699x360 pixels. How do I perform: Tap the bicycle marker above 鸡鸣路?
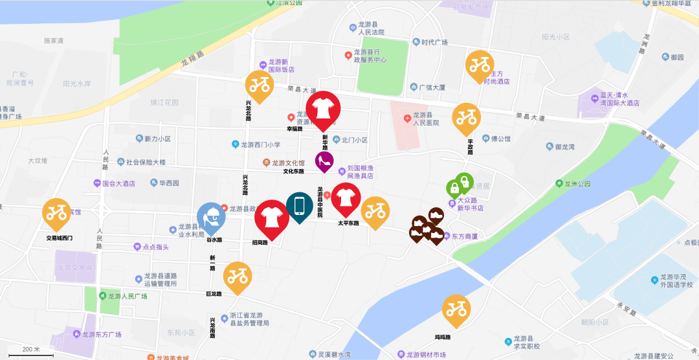(457, 309)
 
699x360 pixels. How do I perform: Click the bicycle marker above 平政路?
(466, 118)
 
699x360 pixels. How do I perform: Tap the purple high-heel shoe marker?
(324, 161)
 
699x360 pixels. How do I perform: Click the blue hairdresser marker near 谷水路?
(212, 218)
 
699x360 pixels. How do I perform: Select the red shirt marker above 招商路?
(271, 217)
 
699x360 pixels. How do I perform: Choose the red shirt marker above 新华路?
(322, 108)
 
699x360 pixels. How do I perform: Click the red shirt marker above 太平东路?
(346, 197)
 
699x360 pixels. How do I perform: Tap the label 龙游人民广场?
(127, 296)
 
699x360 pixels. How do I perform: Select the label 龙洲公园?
(576, 184)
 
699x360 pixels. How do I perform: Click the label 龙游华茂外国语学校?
(676, 280)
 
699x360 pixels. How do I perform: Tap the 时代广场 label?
(434, 43)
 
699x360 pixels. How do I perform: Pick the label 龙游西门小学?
(261, 145)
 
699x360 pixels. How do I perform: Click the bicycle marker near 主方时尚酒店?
(480, 65)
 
